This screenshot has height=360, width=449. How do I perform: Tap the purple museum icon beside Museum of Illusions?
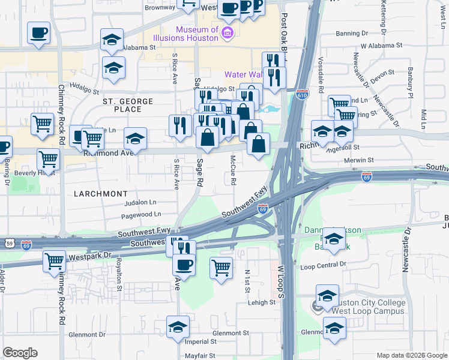coord(227,31)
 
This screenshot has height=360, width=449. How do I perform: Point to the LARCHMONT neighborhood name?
coord(101,194)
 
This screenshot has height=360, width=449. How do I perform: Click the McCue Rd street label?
coord(234,171)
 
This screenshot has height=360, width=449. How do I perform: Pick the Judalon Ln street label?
coord(140,202)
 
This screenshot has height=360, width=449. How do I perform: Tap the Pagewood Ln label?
coord(141,214)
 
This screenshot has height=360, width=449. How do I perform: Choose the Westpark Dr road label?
coord(90,255)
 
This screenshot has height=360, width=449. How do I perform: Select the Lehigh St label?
coord(262,302)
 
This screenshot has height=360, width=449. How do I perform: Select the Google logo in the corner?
coord(20,353)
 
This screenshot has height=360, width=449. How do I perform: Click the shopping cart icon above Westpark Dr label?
coord(54,261)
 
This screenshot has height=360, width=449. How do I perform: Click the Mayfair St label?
coord(200,356)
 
